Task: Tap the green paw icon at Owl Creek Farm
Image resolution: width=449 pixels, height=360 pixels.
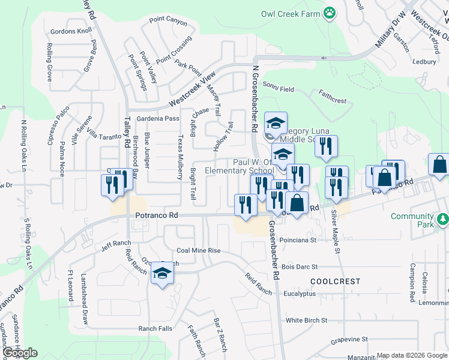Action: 329,13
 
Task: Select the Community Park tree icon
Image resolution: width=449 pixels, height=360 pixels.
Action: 442,220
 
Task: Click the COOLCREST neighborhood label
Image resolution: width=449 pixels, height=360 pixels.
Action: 336,281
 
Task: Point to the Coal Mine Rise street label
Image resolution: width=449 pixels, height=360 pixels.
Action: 199,251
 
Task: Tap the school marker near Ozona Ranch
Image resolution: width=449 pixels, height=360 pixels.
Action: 162,274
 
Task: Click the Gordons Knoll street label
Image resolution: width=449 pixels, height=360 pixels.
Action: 71,31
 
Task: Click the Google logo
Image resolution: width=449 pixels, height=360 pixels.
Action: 19,353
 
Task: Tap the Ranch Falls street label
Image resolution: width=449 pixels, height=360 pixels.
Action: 155,329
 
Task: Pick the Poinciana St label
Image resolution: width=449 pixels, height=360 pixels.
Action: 298,240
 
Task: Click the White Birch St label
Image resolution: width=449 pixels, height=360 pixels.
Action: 306,321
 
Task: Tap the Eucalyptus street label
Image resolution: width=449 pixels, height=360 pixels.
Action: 300,294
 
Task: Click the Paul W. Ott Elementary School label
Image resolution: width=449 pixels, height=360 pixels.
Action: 240,166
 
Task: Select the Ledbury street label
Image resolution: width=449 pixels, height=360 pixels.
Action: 424,61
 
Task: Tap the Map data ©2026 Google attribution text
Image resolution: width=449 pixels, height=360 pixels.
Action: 412,355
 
